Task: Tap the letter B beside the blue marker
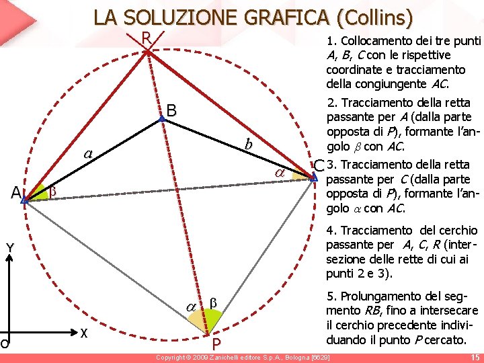172,110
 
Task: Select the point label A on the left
15,193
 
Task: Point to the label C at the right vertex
319,165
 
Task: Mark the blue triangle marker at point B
161,119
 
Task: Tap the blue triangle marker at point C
313,176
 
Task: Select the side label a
87,153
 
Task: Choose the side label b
248,144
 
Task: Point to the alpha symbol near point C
280,173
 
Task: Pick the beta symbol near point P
213,304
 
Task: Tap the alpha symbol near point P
191,306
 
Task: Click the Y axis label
10,249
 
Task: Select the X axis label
83,333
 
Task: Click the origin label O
4,344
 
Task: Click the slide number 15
475,358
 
